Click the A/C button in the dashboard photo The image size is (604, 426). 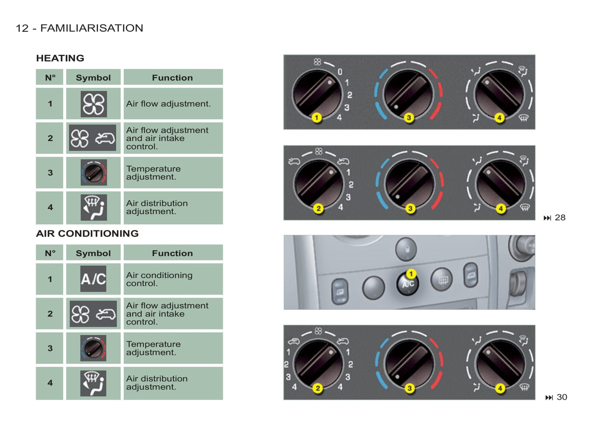point(408,284)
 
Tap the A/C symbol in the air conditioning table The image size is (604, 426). point(93,279)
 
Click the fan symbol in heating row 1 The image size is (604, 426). point(94,104)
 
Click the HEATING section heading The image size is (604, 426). point(60,58)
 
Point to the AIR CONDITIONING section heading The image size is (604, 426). point(87,233)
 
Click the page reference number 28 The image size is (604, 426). point(560,217)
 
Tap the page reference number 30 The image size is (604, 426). point(562,397)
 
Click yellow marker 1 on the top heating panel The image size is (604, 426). point(316,117)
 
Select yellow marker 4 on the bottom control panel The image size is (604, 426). point(500,388)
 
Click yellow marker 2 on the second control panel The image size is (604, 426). point(319,208)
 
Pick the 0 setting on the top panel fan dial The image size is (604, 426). point(340,72)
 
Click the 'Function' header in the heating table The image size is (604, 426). point(172,78)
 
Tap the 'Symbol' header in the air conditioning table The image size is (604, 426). point(93,253)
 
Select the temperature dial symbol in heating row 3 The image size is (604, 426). point(94,173)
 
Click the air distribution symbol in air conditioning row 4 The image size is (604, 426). point(93,383)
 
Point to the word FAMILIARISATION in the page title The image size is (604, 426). point(92,28)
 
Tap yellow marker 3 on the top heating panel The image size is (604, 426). point(409,118)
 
